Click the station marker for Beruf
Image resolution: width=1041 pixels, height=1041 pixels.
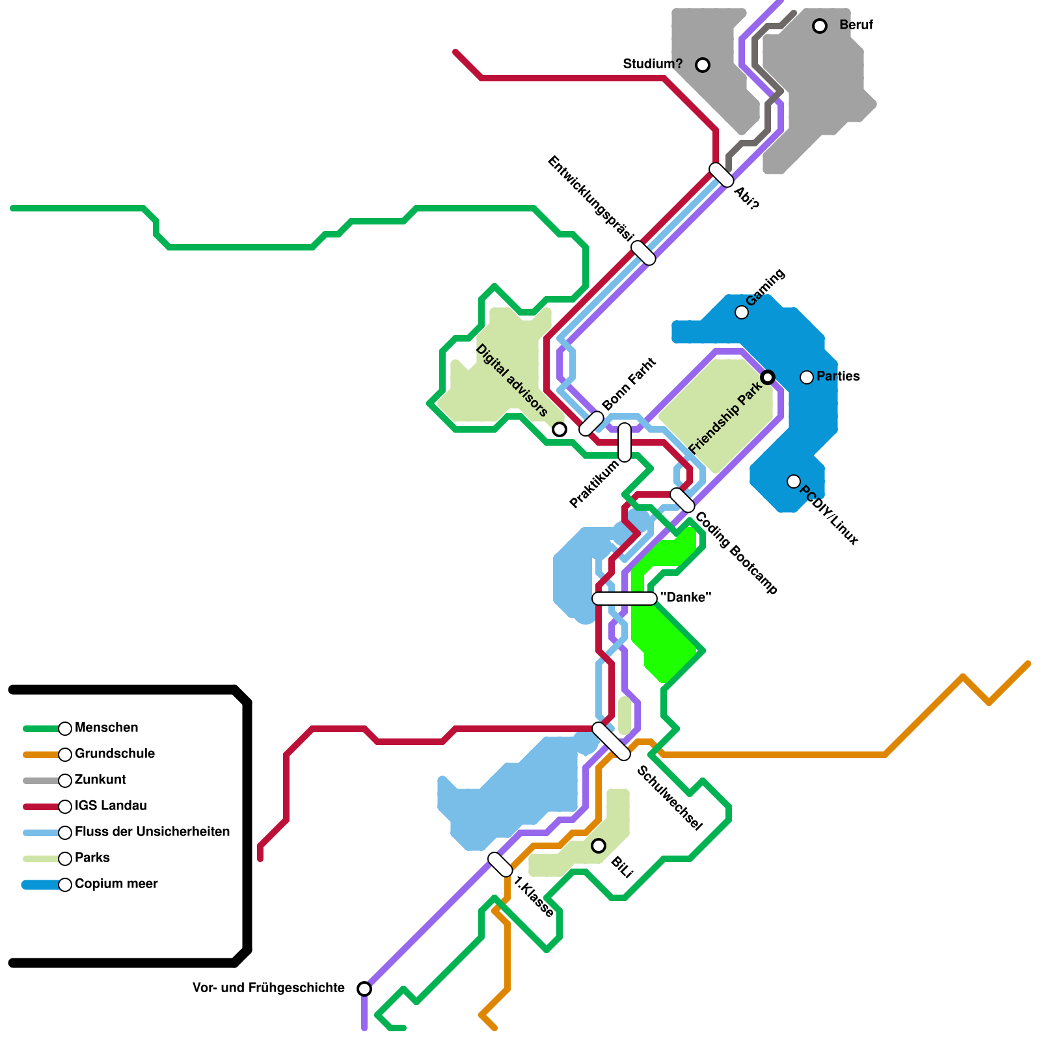(820, 26)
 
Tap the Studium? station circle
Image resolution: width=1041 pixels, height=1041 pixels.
(703, 65)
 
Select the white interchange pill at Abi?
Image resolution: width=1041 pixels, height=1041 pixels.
(722, 175)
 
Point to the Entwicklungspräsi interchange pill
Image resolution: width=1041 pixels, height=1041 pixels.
(643, 253)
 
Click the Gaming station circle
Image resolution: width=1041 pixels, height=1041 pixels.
(742, 312)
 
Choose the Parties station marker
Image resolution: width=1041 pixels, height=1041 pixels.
(807, 377)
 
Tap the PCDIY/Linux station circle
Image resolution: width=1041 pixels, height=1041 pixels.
(794, 481)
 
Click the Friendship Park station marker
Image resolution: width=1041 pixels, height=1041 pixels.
(768, 377)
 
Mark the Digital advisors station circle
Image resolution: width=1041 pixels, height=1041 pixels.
(560, 429)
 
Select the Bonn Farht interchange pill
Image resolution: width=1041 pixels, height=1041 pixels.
(591, 424)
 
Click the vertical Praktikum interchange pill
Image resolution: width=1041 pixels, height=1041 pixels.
(625, 442)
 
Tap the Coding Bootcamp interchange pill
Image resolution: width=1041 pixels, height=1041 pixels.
(683, 500)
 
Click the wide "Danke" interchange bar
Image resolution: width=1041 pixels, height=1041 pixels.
(625, 599)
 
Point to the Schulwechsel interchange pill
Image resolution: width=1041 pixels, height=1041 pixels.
(612, 741)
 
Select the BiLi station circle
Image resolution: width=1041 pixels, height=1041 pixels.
(599, 846)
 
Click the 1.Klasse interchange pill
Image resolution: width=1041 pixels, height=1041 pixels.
(500, 865)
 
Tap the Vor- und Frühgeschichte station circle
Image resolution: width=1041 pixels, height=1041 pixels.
(364, 989)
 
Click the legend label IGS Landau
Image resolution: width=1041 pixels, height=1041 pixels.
(111, 806)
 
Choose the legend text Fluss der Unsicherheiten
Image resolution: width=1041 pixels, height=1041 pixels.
(152, 832)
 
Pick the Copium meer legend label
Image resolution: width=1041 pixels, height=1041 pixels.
(116, 884)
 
